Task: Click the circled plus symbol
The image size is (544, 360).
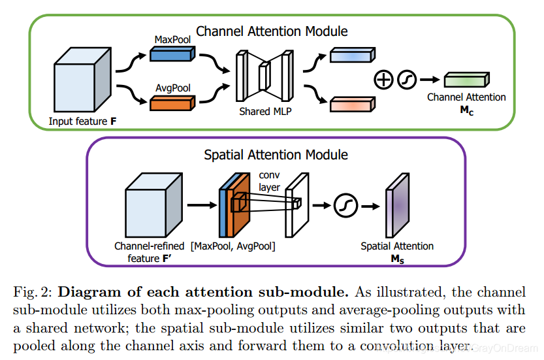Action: (x=384, y=80)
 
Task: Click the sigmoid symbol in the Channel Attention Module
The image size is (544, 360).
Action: (x=406, y=80)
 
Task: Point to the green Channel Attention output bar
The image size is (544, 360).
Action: (x=466, y=80)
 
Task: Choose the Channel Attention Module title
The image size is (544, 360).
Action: (x=272, y=31)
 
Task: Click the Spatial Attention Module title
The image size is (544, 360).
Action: (x=276, y=155)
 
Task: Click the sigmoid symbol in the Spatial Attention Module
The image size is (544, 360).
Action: (x=344, y=206)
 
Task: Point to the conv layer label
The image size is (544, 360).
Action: (x=268, y=181)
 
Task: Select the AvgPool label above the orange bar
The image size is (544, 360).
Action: (x=171, y=88)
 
